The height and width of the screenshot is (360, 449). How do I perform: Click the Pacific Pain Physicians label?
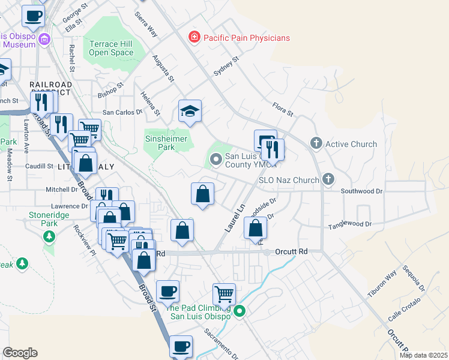point(246,38)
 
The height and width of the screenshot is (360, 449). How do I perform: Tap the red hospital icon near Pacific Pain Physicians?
point(194,38)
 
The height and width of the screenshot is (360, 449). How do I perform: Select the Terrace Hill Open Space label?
point(111,48)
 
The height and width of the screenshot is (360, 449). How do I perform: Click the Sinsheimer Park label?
point(166,143)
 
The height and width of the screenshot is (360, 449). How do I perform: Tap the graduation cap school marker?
point(190,111)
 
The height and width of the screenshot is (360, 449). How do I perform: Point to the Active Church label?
point(351,144)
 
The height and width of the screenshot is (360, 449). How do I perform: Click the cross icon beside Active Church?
point(316,143)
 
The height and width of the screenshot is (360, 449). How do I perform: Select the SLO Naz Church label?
point(289,180)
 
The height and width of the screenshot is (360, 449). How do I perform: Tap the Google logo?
point(20,353)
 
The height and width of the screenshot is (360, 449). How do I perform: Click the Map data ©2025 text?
point(423,355)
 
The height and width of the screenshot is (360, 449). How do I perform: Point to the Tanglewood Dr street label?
point(350,225)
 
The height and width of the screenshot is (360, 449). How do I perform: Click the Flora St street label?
point(282,109)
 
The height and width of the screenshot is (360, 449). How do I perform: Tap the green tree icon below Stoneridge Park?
point(49,236)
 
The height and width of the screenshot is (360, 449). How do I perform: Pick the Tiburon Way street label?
point(382,286)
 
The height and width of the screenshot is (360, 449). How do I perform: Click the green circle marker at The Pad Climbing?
point(240,311)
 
